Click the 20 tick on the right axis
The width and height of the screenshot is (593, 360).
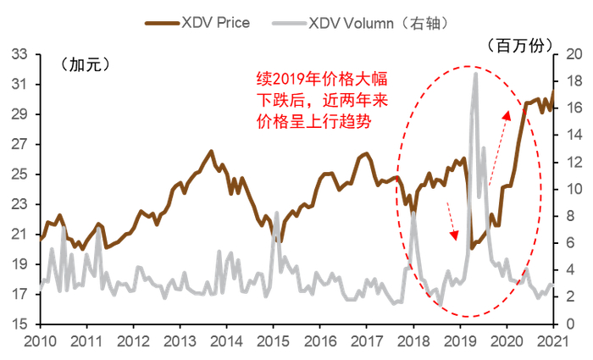pyautogui.click(x=571, y=54)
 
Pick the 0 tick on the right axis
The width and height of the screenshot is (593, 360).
pyautogui.click(x=568, y=324)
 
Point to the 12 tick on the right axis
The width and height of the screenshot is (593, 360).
pyautogui.click(x=571, y=162)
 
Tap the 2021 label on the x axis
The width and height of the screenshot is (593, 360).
pyautogui.click(x=553, y=341)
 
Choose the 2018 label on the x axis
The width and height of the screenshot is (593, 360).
pyautogui.click(x=413, y=341)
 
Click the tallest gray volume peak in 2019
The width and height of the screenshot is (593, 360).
pyautogui.click(x=475, y=74)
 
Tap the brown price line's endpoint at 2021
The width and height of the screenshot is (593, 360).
pyautogui.click(x=553, y=91)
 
